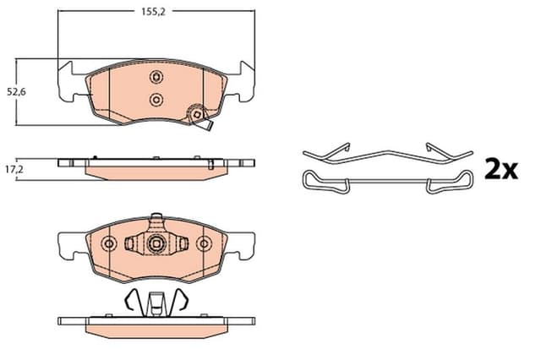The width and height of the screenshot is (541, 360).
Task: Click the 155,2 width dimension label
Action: [153, 12]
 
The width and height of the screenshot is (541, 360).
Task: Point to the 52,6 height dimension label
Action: [17, 92]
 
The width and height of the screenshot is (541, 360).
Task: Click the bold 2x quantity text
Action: [500, 169]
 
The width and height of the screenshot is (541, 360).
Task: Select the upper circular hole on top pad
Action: [156, 77]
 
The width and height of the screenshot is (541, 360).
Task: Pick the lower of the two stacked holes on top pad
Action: [156, 100]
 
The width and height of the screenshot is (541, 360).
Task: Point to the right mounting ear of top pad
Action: [243, 83]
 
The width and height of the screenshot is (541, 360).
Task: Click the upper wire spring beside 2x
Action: [388, 154]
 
